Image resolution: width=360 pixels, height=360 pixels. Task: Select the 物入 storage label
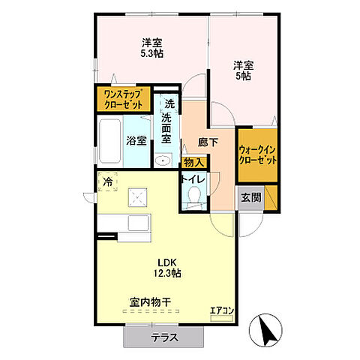tap(193, 162)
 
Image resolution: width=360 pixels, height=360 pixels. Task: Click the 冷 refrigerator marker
tap(108, 181)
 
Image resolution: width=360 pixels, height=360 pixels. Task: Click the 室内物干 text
tap(150, 302)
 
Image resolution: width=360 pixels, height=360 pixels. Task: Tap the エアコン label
tap(221, 310)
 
